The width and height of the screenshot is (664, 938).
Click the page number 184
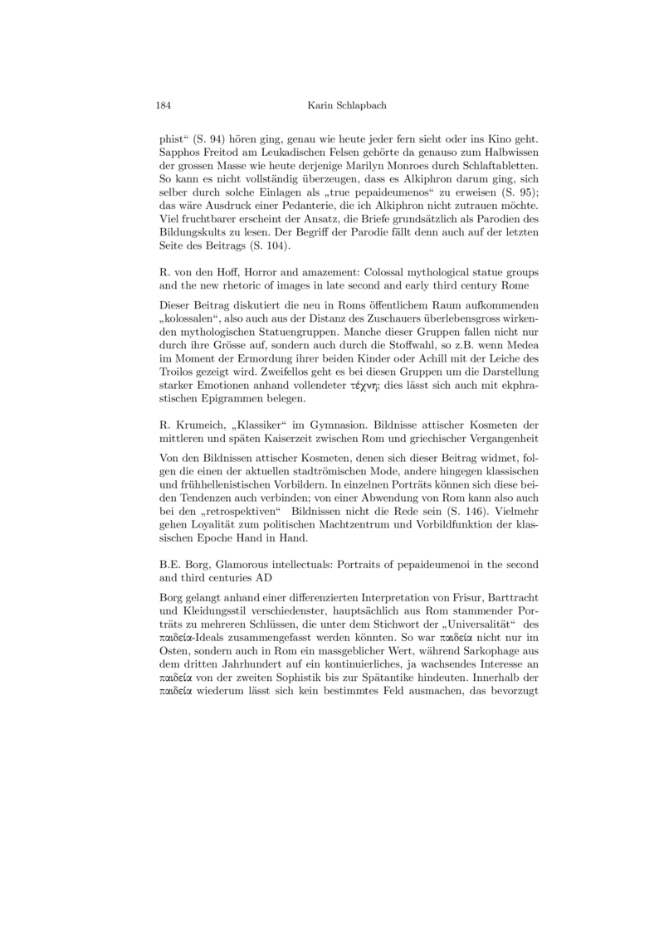click(x=164, y=105)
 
